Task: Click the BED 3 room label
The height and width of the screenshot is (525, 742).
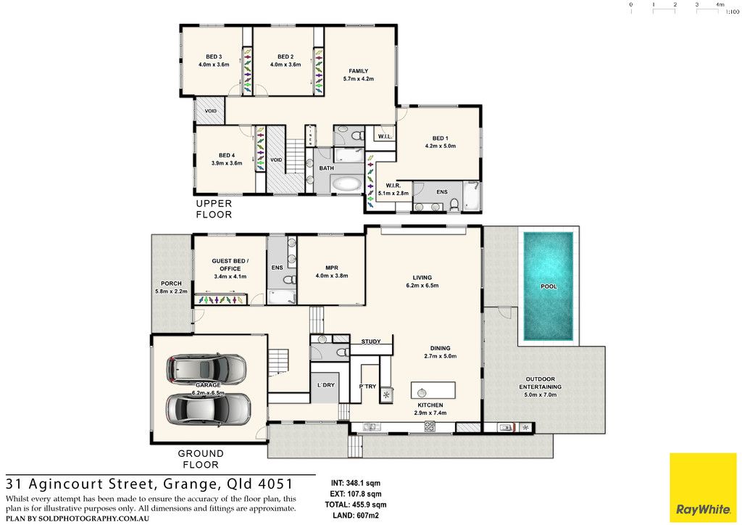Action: (x=214, y=57)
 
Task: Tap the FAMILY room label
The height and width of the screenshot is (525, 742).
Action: (x=359, y=71)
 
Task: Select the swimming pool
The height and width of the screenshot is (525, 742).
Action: (x=549, y=286)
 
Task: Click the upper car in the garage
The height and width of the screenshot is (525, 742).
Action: (x=207, y=368)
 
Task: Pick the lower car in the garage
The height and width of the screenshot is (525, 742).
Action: (x=208, y=409)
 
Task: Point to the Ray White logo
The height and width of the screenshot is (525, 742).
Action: (x=703, y=487)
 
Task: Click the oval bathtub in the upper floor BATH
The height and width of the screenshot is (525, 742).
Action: (x=345, y=183)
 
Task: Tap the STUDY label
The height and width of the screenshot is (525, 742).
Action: (x=371, y=342)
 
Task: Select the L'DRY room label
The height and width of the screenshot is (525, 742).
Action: (x=325, y=385)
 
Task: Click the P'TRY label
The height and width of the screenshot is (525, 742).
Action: (x=367, y=386)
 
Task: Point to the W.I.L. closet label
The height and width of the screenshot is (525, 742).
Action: (x=385, y=137)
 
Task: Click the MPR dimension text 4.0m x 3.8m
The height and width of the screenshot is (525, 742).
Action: (x=332, y=276)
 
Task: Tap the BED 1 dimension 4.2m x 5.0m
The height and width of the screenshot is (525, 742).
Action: (x=440, y=146)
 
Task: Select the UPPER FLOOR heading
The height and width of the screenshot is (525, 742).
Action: (x=214, y=209)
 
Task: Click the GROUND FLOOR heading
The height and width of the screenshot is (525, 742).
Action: (x=201, y=459)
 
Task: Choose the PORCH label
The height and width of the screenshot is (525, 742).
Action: (x=171, y=284)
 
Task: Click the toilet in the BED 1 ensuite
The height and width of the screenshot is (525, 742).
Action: (x=454, y=204)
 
